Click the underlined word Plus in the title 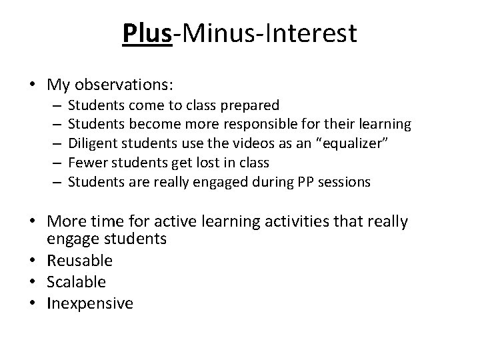147,33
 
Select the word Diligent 91,143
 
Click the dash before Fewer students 55,161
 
